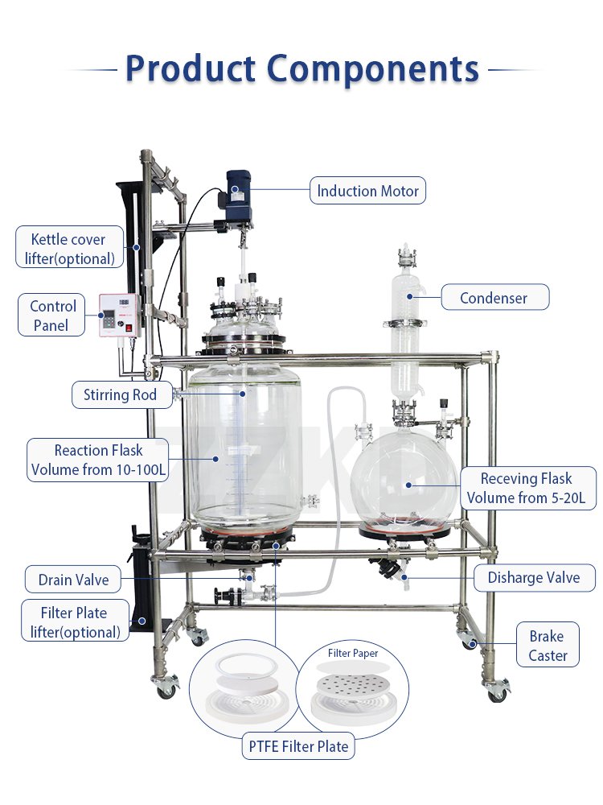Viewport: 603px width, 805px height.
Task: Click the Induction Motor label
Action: (x=367, y=191)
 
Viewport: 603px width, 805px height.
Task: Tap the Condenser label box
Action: (x=494, y=297)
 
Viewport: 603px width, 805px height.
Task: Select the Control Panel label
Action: (x=51, y=316)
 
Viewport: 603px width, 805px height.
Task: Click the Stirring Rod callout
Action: (x=122, y=394)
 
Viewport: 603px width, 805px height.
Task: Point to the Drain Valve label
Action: (x=73, y=579)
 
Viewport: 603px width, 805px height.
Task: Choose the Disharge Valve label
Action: (x=534, y=577)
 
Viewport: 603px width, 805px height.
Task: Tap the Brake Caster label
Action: (x=547, y=646)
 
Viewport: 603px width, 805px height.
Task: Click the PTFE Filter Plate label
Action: (x=298, y=746)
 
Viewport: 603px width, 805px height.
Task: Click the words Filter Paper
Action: (x=353, y=653)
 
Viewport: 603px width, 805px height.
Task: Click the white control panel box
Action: (x=120, y=316)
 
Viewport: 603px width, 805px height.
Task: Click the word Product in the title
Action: (x=191, y=68)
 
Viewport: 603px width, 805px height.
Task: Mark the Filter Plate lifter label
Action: (x=75, y=621)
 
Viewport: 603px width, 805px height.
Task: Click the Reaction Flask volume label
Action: (x=98, y=460)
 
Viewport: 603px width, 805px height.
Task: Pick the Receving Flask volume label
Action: (x=527, y=488)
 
